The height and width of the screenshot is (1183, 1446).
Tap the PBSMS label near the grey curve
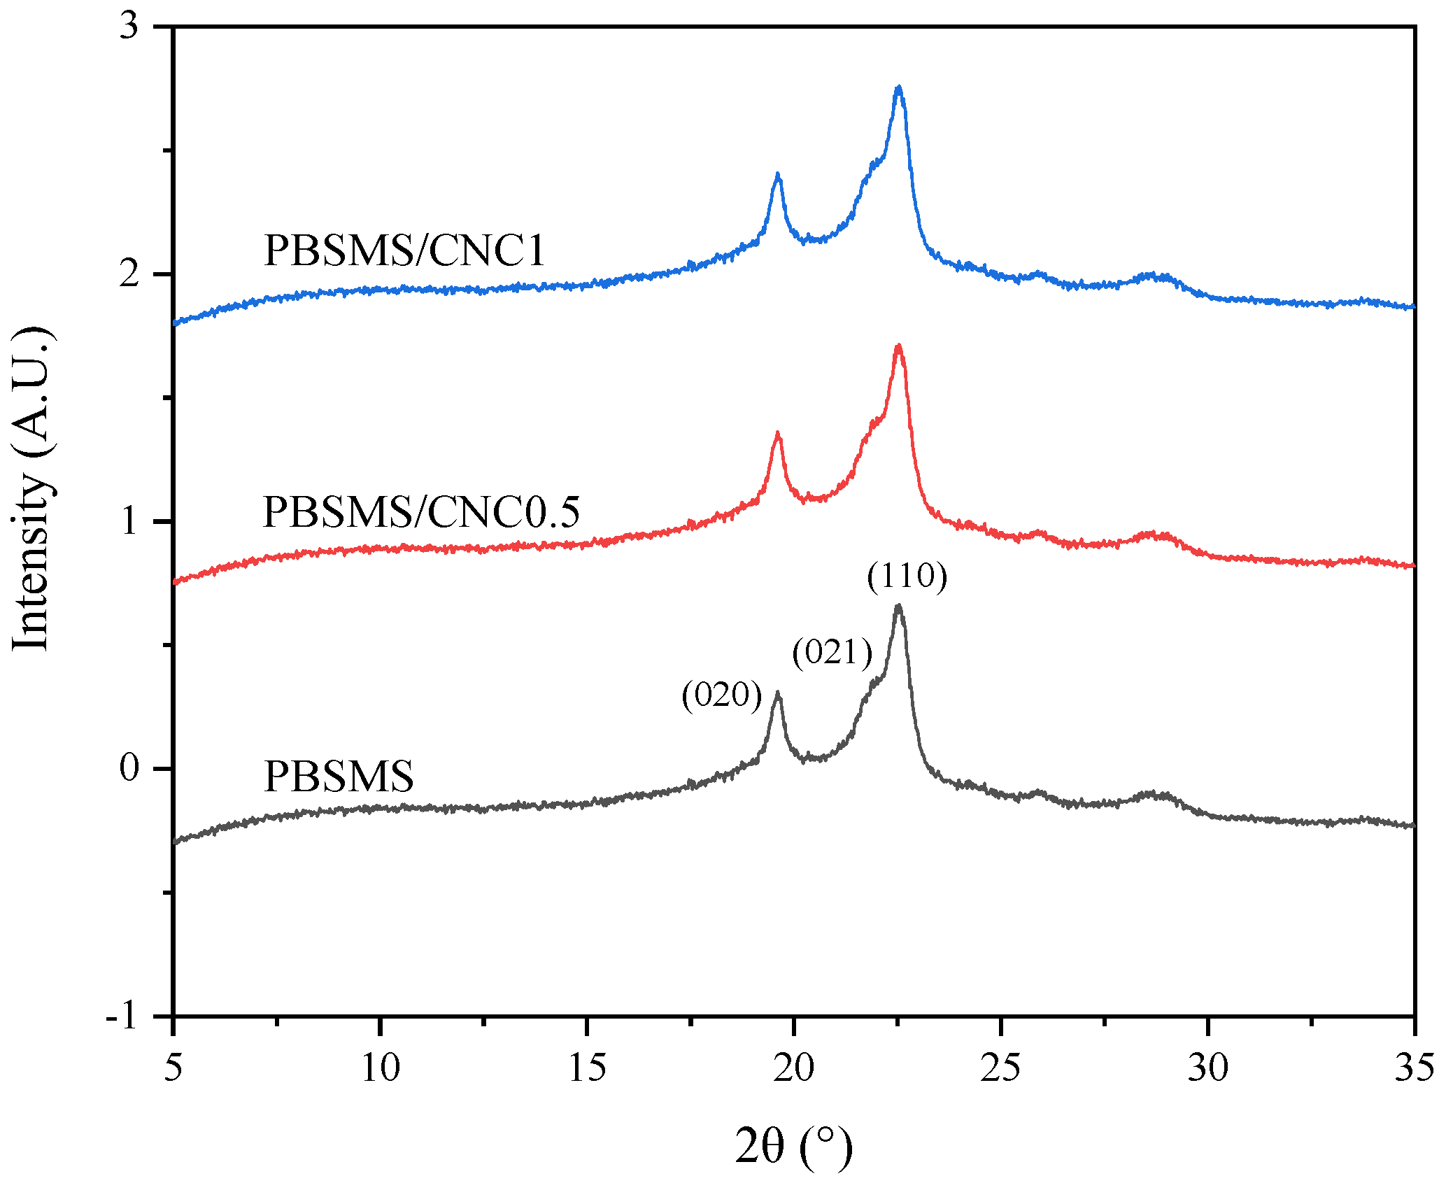point(339,776)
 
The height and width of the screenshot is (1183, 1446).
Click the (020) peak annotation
point(722,695)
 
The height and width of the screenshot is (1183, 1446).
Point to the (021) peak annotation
point(832,652)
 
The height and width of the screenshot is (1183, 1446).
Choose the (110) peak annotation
point(907,576)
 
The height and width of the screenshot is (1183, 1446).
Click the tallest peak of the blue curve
point(899,88)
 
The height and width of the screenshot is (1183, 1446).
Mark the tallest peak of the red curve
point(899,346)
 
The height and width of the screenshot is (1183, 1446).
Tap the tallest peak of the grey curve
point(899,607)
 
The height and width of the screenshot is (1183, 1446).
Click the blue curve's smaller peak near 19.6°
point(777,174)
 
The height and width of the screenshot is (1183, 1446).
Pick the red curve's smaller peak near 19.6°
point(777,434)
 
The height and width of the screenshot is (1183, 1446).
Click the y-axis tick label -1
point(122,1016)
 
